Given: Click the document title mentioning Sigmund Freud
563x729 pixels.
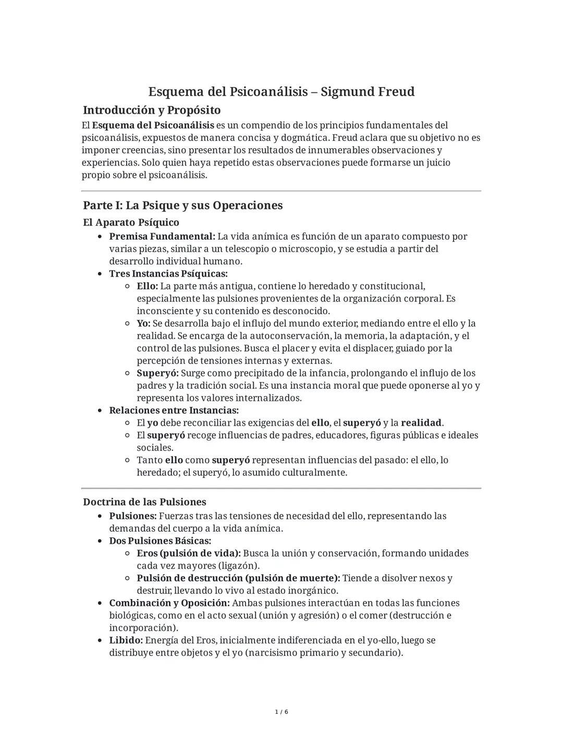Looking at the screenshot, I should (281, 92).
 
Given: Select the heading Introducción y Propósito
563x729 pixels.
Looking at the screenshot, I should (152, 110).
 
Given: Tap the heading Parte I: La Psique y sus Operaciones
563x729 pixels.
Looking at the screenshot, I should (182, 205).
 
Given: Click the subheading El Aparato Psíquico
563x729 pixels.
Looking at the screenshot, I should (131, 222).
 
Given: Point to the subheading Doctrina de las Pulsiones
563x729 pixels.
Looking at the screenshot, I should (144, 502).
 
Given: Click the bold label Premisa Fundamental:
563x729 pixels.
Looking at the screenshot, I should (162, 236).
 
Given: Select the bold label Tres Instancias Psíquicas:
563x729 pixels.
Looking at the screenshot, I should (168, 273).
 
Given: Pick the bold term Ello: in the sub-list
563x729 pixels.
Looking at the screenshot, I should (147, 286).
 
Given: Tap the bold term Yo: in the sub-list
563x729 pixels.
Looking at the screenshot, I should (143, 324).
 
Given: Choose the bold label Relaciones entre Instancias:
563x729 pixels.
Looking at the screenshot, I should (174, 410).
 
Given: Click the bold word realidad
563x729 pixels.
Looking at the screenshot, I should (421, 423).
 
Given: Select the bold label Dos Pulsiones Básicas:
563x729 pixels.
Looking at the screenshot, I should (160, 541).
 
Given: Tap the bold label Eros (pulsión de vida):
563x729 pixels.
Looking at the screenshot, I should (189, 553).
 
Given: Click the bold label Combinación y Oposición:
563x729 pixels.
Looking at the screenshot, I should (169, 603).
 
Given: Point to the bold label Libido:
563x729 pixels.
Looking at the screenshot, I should (126, 640).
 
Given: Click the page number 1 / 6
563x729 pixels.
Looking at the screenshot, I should (281, 712).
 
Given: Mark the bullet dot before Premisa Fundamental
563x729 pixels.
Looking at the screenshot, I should (99, 237).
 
